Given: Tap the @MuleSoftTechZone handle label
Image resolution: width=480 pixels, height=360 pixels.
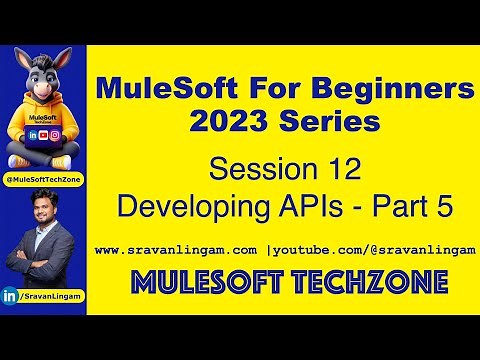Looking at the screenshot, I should [x=43, y=178].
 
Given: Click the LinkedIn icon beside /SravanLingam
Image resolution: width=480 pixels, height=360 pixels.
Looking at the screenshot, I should [x=11, y=296].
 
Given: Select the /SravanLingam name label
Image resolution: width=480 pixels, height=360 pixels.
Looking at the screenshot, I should [x=50, y=296].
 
